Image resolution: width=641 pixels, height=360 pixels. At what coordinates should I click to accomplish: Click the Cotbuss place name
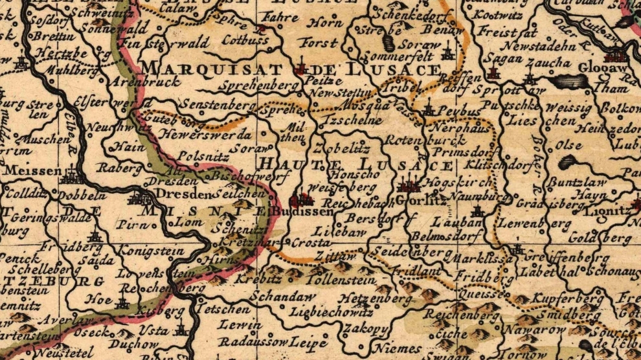click(245, 40)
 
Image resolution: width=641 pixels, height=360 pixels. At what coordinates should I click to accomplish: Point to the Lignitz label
click(606, 210)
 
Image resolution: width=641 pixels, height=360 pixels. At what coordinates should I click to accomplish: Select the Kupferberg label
click(567, 299)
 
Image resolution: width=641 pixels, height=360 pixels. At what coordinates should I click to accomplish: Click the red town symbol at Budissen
click(302, 199)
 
